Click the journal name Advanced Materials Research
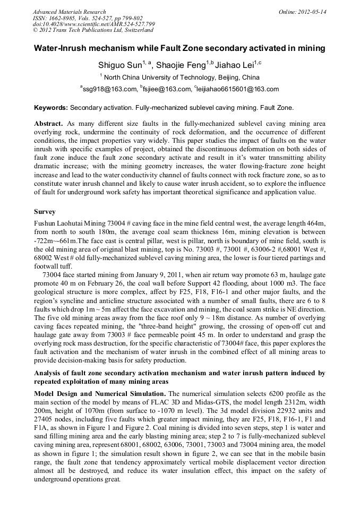tap(69, 12)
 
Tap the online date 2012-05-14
tap(311, 12)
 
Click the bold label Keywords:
tap(51, 108)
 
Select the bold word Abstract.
tap(48, 123)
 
